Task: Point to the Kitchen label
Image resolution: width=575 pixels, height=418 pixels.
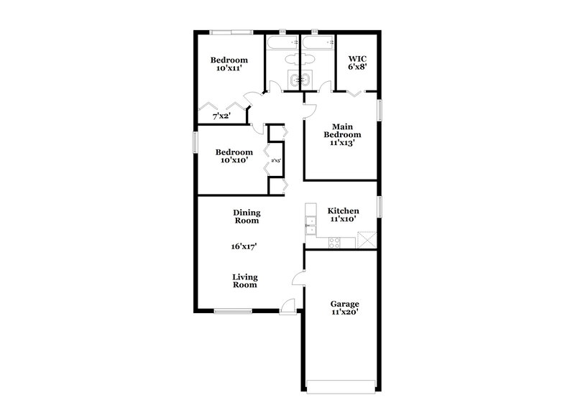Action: coord(344,210)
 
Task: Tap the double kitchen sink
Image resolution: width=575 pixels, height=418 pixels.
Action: coord(310,219)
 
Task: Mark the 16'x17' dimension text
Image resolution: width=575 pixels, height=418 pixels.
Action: coord(244,246)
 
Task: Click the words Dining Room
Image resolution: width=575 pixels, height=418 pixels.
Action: coord(247,216)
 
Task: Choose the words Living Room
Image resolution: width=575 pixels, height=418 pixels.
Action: coord(245,281)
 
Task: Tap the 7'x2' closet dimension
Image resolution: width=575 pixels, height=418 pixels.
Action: coord(221,115)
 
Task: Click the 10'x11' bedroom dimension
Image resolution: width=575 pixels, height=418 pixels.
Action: coord(229,69)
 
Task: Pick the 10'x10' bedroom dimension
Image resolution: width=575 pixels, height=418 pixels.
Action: coord(234,161)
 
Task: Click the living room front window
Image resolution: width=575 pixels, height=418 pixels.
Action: coord(232,311)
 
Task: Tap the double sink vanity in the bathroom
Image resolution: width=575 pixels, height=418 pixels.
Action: coord(297,80)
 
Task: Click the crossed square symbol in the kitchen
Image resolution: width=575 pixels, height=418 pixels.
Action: coord(367,239)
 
